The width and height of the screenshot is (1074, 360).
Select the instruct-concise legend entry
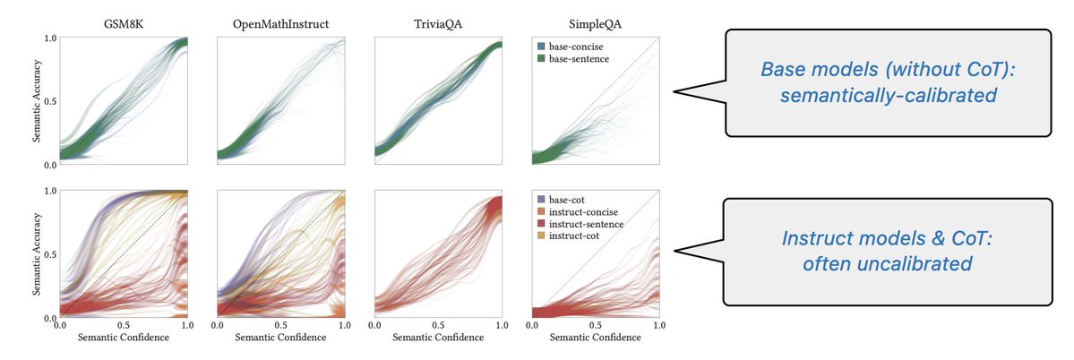pyautogui.click(x=579, y=211)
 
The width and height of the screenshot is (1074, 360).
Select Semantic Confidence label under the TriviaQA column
pyautogui.click(x=438, y=338)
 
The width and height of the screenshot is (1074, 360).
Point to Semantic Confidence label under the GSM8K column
pyautogui.click(x=123, y=338)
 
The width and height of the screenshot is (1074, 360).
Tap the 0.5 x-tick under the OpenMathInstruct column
pyautogui.click(x=281, y=326)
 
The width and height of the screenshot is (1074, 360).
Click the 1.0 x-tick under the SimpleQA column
pyautogui.click(x=658, y=326)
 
